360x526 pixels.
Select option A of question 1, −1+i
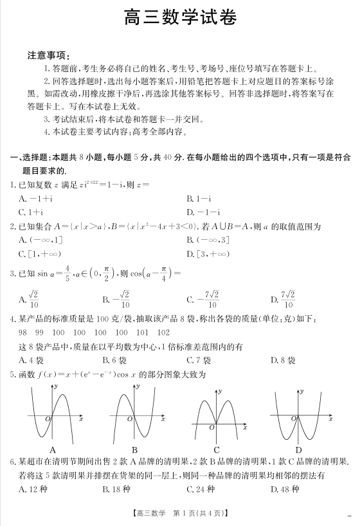click(x=35, y=199)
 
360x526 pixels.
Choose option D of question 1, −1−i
click(x=203, y=212)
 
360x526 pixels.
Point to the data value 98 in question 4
click(x=23, y=332)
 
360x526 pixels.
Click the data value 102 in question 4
click(x=163, y=332)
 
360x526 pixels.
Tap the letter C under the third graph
click(x=217, y=449)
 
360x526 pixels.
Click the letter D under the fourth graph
click(x=298, y=449)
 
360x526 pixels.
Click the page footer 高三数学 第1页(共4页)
click(x=179, y=513)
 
